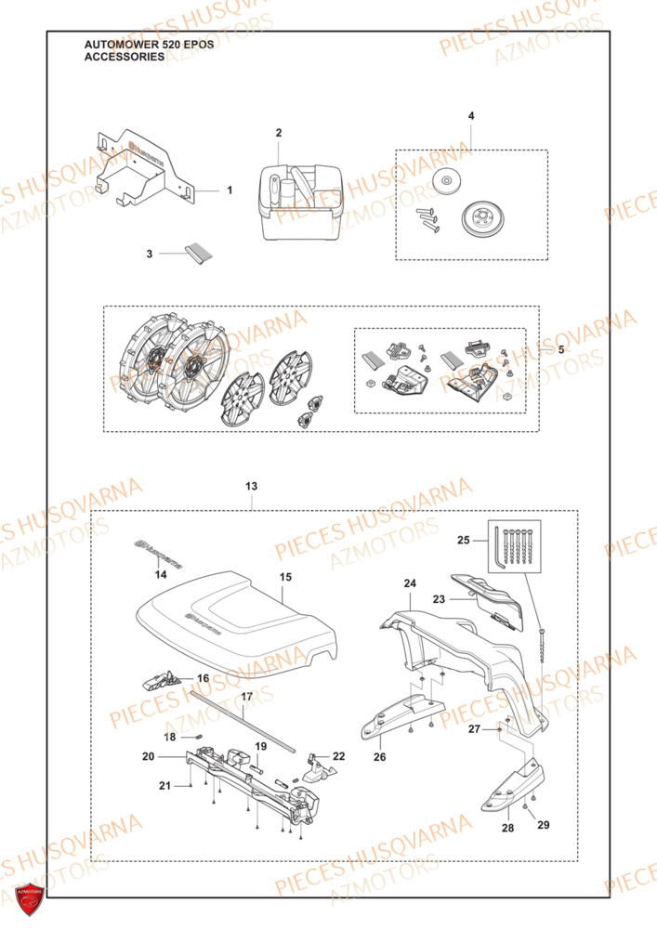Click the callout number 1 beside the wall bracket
pos(230,190)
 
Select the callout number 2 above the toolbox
pos(278,134)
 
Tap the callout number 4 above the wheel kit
pos(470,116)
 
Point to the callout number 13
pos(251,486)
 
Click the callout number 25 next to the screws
pos(489,539)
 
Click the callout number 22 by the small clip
pos(338,755)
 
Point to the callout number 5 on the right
pos(560,350)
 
